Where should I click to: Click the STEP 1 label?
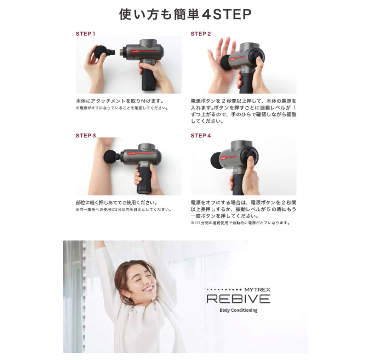click(x=85, y=34)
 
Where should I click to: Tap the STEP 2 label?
click(x=200, y=34)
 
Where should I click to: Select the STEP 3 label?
click(x=86, y=136)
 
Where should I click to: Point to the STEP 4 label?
click(x=200, y=136)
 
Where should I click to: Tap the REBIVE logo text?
click(x=238, y=299)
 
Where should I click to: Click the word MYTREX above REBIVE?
click(x=257, y=290)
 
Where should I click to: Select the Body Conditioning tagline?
click(x=238, y=310)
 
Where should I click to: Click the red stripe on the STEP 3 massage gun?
click(x=140, y=154)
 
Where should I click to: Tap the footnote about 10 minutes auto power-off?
click(x=240, y=223)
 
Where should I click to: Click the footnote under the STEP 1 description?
click(x=122, y=108)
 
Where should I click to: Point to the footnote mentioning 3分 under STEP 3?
click(x=123, y=210)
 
